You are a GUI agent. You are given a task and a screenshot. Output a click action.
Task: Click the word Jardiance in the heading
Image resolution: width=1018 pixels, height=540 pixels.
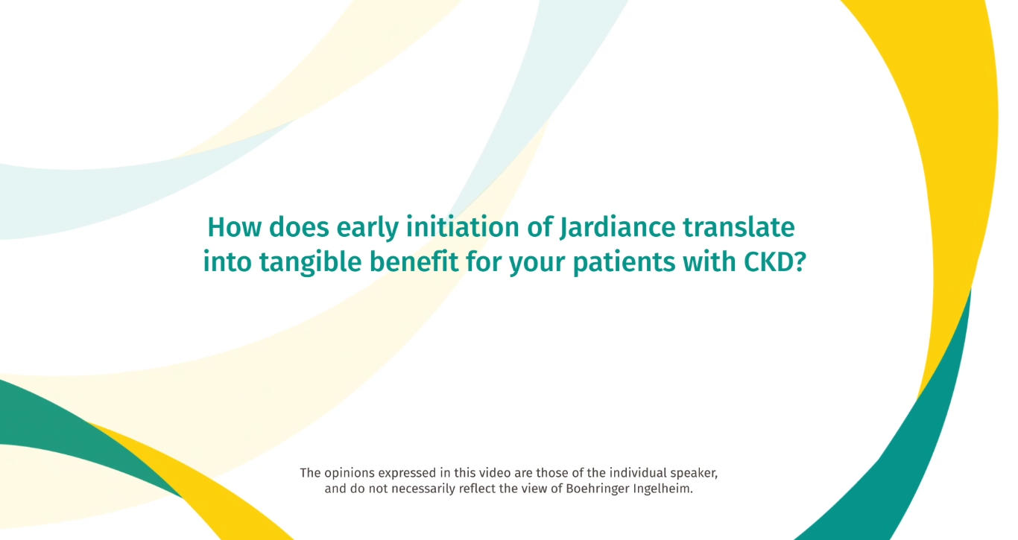pos(618,227)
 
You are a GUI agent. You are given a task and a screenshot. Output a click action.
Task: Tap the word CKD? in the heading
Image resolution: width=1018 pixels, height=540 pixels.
pos(775,262)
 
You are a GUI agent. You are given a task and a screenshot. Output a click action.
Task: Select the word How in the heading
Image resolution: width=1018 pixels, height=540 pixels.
pos(234,227)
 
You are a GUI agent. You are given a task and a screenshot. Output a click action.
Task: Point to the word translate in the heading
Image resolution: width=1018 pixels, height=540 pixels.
pos(739,227)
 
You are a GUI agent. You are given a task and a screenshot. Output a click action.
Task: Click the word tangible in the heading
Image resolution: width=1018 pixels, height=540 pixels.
pos(311,262)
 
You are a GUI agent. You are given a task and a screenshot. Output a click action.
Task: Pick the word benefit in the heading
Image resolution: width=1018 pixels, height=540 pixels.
pos(414,262)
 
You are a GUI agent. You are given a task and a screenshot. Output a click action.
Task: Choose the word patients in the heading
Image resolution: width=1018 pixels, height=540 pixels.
pos(624,262)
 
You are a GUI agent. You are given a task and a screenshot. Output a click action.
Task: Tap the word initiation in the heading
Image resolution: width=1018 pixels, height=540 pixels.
pos(463,227)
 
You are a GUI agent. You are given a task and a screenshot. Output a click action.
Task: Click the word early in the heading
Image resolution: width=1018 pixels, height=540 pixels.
pos(367,228)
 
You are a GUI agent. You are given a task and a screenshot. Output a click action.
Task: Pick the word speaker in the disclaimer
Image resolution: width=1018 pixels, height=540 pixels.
pos(695,473)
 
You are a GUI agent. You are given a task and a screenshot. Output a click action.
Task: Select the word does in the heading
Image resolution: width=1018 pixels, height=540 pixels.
pos(299,227)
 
